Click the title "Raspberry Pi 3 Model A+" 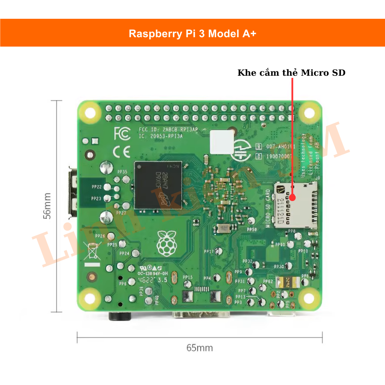(x=192, y=34)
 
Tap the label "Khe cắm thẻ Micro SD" (x=291, y=73)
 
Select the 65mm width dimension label (x=199, y=347)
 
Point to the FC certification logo (x=122, y=134)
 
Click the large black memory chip (x=158, y=185)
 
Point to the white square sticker (x=222, y=142)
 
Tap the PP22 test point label (x=96, y=187)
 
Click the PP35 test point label (x=122, y=172)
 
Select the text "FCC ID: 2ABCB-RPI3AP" (x=168, y=129)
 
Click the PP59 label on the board (x=252, y=230)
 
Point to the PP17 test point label (x=208, y=252)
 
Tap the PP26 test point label (x=100, y=236)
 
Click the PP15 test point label (x=188, y=277)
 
